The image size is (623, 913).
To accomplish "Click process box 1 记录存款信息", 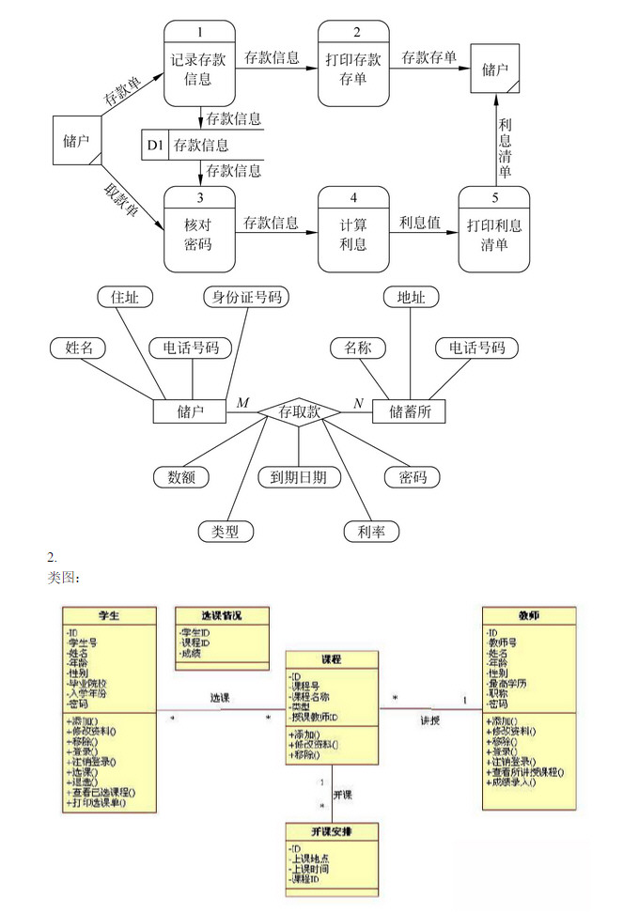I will click(x=199, y=68).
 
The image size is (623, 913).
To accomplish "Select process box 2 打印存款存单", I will click(x=353, y=68).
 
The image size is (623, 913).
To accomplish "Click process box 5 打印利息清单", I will click(x=494, y=234).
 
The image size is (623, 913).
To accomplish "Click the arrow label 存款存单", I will click(x=428, y=57).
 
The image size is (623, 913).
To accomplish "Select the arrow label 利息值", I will click(x=420, y=224).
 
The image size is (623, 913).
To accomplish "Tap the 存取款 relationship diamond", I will click(x=300, y=411).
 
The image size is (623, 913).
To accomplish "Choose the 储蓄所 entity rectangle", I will click(x=409, y=411).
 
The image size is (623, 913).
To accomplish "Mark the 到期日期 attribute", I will click(x=298, y=477).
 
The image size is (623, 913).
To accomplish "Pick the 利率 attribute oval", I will click(x=371, y=532).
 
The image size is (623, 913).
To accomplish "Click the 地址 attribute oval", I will click(x=411, y=297).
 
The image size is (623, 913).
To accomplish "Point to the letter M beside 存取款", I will click(x=242, y=403).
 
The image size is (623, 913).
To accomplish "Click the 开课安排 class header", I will click(x=333, y=831).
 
